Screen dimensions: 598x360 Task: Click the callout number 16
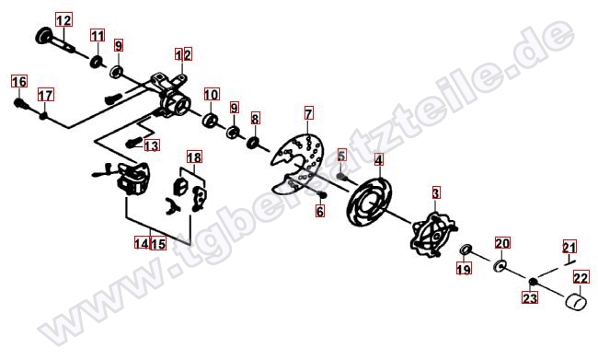tap(19, 82)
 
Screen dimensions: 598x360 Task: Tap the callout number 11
tap(98, 36)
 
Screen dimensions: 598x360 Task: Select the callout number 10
tap(212, 94)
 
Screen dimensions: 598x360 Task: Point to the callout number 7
tap(308, 113)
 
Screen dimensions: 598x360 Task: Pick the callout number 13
tap(152, 145)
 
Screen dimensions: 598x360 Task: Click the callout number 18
tap(194, 157)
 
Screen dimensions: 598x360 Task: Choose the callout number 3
tap(436, 193)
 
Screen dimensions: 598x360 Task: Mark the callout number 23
tap(530, 297)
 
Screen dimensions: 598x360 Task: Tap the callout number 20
tap(502, 243)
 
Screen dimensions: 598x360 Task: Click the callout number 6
tap(320, 211)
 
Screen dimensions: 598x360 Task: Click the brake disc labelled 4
tap(369, 202)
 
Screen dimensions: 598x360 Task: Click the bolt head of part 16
tap(18, 102)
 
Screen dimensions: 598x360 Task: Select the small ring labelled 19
tap(466, 250)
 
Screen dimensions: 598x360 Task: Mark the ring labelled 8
tap(253, 144)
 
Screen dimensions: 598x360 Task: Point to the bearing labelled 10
tap(210, 120)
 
